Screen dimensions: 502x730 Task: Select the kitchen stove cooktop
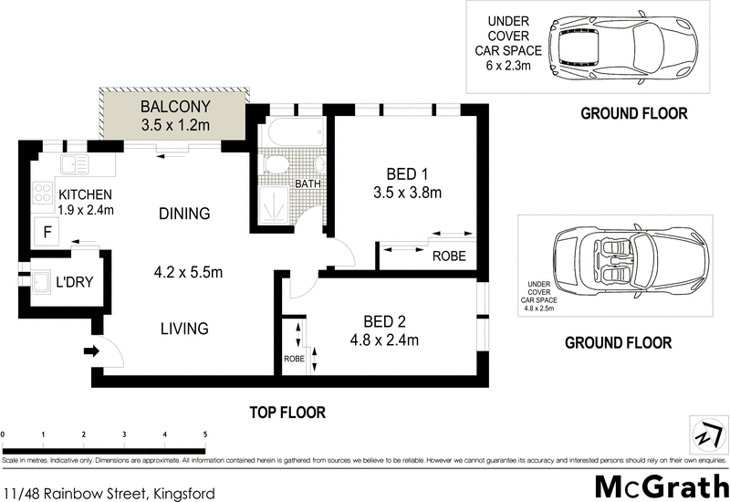42,193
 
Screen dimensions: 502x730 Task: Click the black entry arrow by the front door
89,350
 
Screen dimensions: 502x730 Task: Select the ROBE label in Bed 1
449,256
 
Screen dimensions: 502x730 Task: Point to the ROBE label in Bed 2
294,360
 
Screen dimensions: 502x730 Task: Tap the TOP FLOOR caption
287,413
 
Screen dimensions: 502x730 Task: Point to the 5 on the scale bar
205,434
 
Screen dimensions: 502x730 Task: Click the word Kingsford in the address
183,494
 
